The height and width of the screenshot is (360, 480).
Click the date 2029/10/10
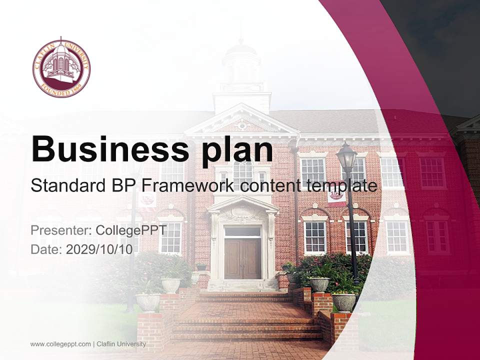99,249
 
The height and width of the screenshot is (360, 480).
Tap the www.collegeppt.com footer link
60,344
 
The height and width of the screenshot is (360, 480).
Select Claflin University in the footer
121,344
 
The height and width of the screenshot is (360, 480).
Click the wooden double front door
242,258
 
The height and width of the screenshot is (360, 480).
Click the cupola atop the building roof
242,70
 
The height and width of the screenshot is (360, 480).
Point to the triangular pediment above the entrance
242,120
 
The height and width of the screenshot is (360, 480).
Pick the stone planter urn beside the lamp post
344,301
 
